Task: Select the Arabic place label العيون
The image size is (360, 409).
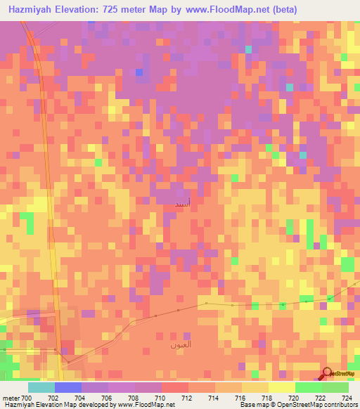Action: tap(179, 345)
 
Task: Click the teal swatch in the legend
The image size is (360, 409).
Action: tap(41, 387)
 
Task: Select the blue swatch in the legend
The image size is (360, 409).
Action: tap(67, 387)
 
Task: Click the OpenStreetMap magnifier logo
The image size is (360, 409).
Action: tap(327, 374)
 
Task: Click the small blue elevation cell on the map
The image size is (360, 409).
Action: tap(139, 72)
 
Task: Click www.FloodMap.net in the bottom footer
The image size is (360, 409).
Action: tap(145, 405)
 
